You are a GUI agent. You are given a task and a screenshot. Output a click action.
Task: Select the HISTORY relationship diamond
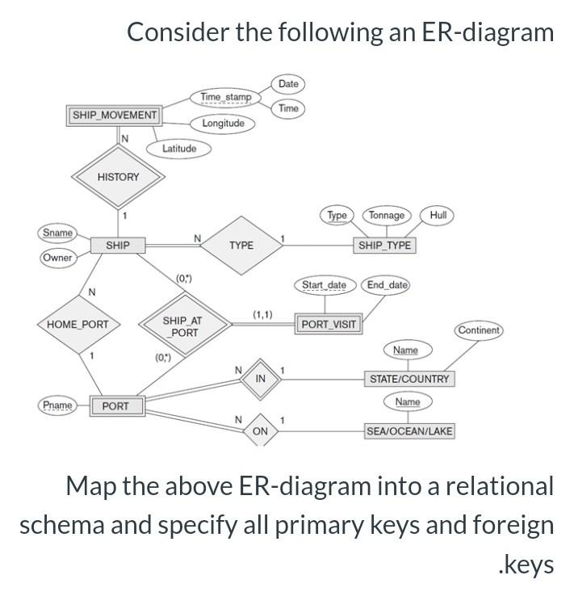pyautogui.click(x=118, y=177)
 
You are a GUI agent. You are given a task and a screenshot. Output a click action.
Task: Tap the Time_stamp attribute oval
pyautogui.click(x=225, y=97)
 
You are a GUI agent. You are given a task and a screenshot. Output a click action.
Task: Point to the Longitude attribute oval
pyautogui.click(x=223, y=124)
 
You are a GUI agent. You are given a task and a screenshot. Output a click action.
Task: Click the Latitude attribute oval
pyautogui.click(x=178, y=149)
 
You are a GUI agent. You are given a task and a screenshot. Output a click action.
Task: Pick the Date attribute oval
pyautogui.click(x=288, y=84)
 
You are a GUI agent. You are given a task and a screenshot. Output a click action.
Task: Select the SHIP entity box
pyautogui.click(x=117, y=245)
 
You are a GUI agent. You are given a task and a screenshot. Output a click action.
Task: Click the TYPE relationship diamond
pyautogui.click(x=241, y=245)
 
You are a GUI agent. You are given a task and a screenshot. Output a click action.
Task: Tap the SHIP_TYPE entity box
pyautogui.click(x=384, y=245)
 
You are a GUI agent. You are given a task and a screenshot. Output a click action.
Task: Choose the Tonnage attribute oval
pyautogui.click(x=387, y=215)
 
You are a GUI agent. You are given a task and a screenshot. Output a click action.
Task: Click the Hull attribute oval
pyautogui.click(x=438, y=215)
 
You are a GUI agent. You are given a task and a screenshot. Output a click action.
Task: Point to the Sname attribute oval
pyautogui.click(x=57, y=233)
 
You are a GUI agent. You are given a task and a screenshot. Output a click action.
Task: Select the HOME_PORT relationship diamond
pyautogui.click(x=78, y=325)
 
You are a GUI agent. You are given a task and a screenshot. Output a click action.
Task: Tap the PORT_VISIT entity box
pyautogui.click(x=328, y=325)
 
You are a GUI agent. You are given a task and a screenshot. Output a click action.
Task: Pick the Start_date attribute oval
pyautogui.click(x=324, y=285)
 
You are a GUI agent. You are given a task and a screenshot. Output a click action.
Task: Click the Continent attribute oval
pyautogui.click(x=479, y=330)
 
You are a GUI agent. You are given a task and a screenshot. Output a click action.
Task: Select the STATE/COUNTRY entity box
pyautogui.click(x=409, y=379)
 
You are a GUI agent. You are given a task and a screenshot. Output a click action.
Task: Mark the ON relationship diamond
pyautogui.click(x=260, y=431)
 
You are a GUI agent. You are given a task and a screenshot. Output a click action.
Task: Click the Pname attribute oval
pyautogui.click(x=57, y=405)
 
